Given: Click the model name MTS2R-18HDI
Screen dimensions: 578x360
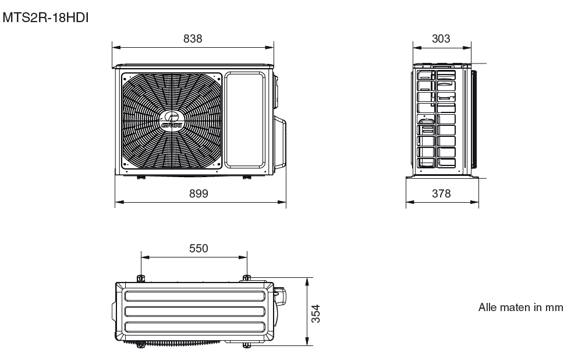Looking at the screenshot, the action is click(45, 17).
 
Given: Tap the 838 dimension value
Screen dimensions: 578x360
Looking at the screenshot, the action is click(193, 38).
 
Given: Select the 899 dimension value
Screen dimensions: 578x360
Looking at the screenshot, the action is click(198, 193).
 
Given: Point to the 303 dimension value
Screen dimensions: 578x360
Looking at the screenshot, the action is click(441, 38).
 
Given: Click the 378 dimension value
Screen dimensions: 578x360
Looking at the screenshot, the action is click(441, 193).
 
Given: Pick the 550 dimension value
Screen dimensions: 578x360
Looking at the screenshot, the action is click(198, 248).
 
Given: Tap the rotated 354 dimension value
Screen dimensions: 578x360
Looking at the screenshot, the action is click(315, 313).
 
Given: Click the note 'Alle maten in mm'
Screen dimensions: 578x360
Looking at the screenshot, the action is click(520, 307).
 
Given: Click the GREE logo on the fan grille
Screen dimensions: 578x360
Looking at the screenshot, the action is click(172, 121).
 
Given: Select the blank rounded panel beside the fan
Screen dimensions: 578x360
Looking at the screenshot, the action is click(245, 120).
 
